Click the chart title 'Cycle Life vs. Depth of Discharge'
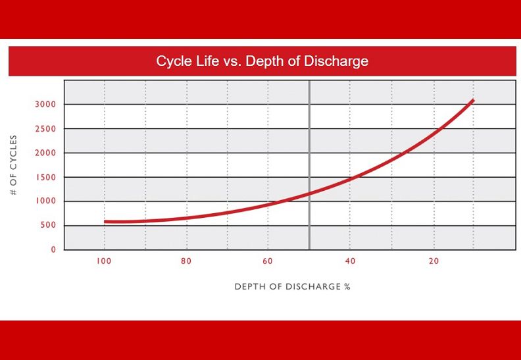click(262, 61)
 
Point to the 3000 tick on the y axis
click(45, 105)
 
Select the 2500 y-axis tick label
click(45, 129)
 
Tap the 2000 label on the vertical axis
click(45, 153)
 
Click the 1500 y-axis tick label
click(45, 178)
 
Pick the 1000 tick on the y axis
click(45, 201)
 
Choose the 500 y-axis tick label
click(48, 226)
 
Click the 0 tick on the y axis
click(54, 250)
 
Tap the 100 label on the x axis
click(103, 262)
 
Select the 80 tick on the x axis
click(186, 262)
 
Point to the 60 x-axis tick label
click(268, 262)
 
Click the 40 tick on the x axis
click(351, 262)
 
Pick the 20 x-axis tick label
click(434, 262)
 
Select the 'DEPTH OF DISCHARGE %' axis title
click(292, 287)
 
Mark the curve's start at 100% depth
click(105, 222)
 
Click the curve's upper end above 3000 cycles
click(472, 100)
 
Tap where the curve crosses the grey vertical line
click(309, 193)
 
